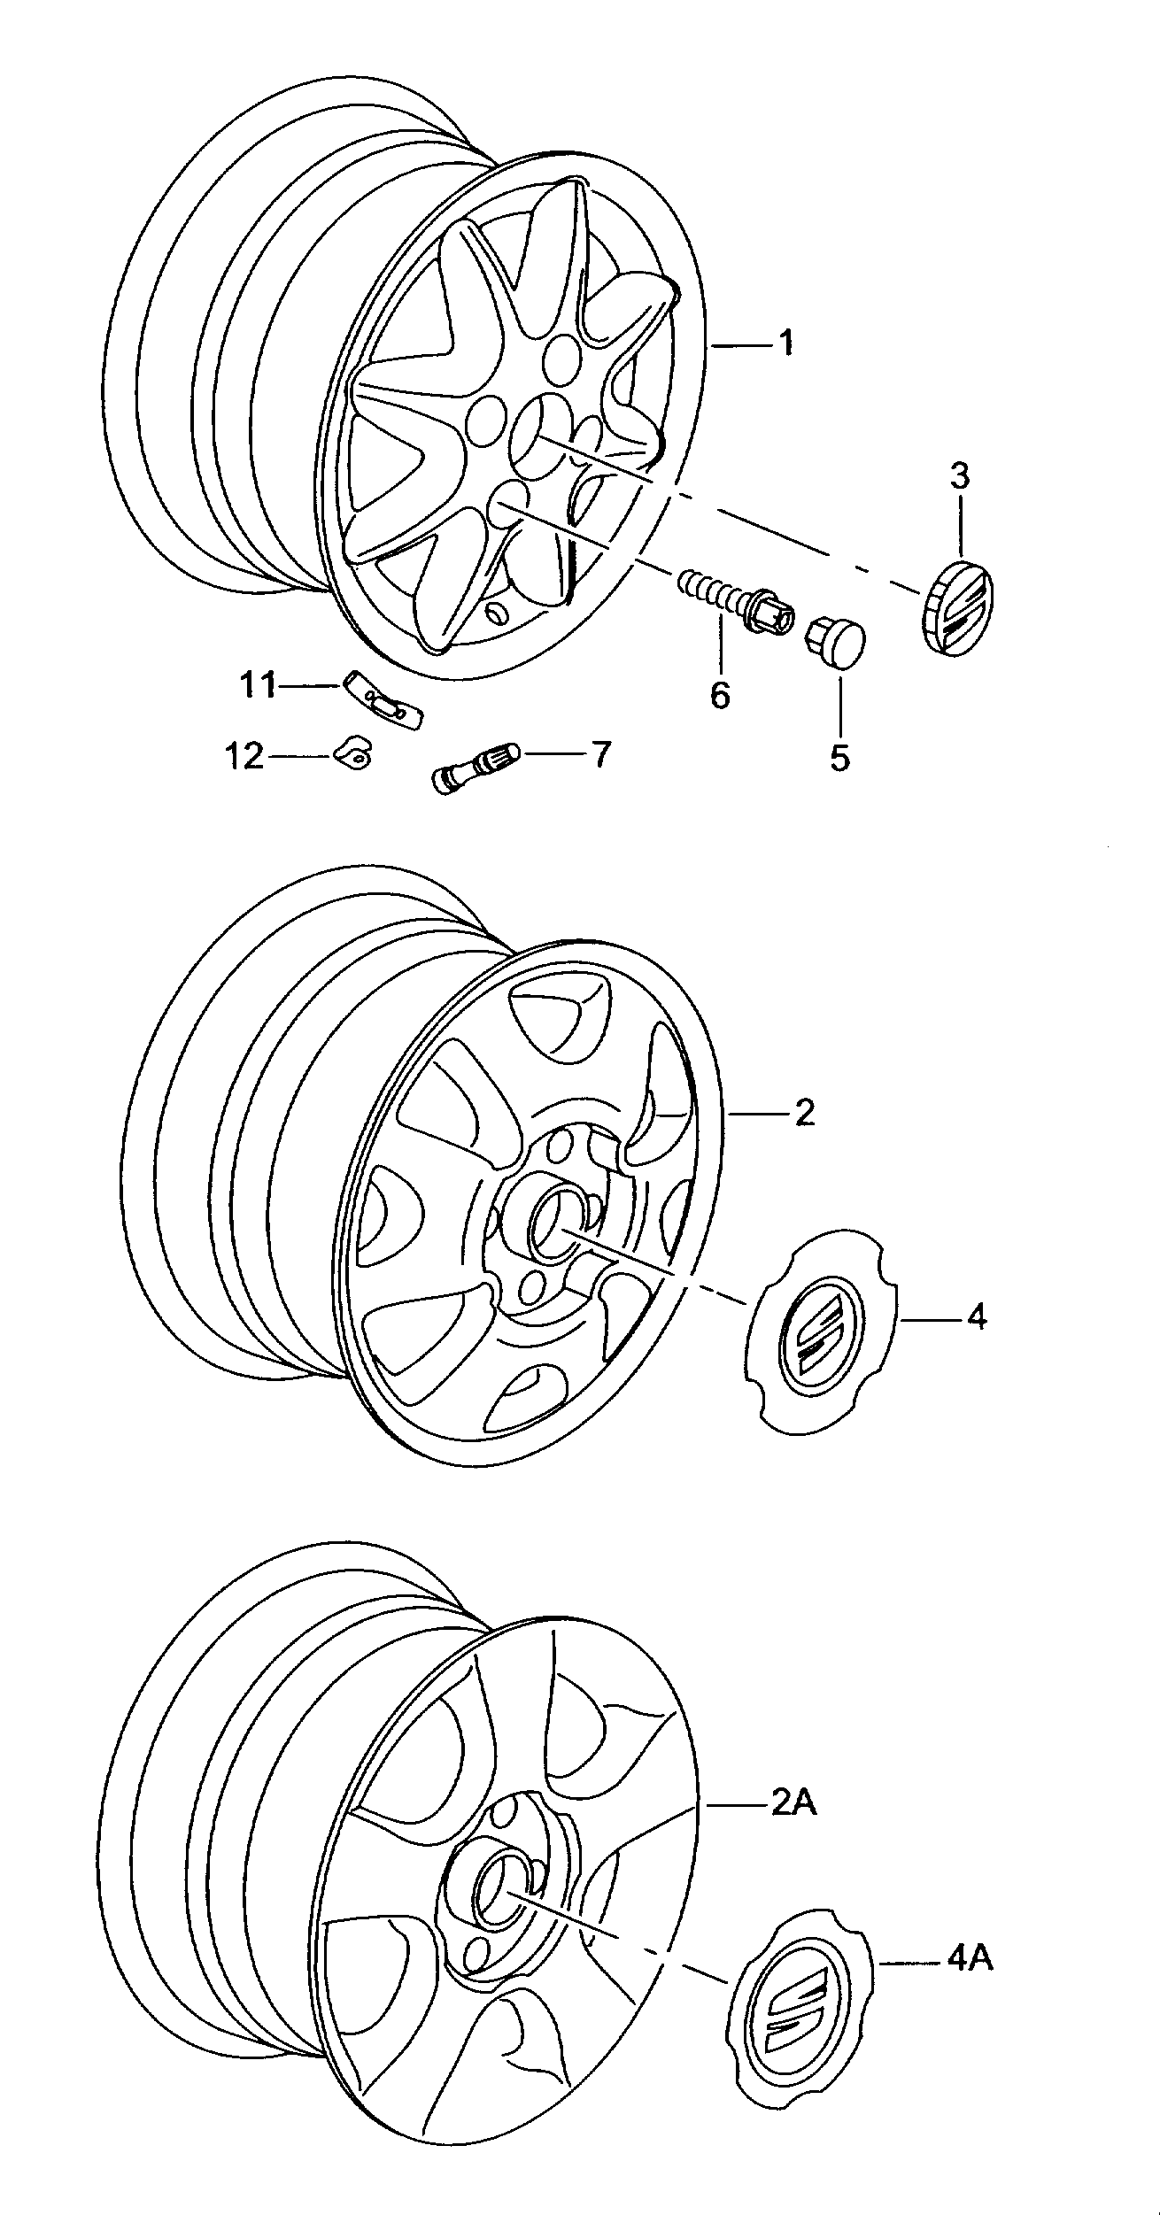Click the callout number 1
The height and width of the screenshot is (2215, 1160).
point(786,342)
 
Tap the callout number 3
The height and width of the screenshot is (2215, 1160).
point(960,476)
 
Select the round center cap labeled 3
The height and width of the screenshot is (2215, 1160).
point(957,607)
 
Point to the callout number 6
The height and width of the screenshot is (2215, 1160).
point(720,695)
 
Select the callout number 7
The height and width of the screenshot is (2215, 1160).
point(600,754)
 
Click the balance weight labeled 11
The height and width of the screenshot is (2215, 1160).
point(383,699)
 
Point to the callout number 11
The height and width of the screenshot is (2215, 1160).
point(259,684)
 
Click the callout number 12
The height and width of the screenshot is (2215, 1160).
point(245,755)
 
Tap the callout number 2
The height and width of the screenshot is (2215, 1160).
point(804,1113)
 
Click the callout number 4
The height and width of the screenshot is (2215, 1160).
point(976,1317)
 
